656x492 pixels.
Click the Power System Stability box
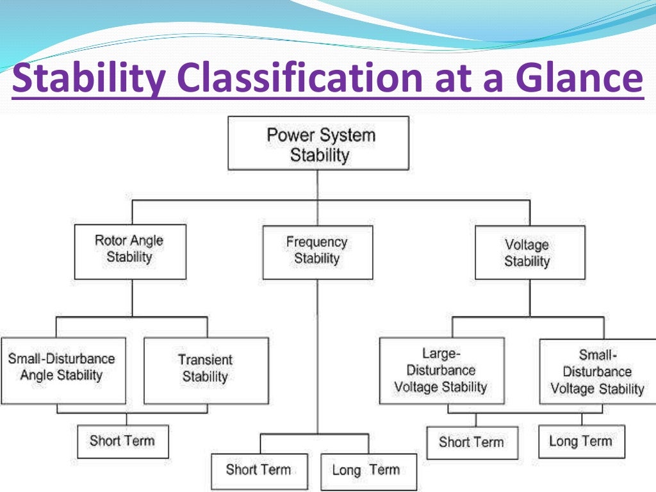tap(318, 143)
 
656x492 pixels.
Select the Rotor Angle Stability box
tap(130, 251)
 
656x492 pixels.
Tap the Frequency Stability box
tap(317, 252)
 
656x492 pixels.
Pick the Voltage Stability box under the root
tap(529, 252)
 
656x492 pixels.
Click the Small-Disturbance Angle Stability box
tap(63, 370)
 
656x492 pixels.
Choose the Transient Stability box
tap(206, 370)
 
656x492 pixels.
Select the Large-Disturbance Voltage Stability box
tap(441, 370)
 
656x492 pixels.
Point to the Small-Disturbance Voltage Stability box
tap(597, 372)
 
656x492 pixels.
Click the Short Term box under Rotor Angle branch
tap(123, 441)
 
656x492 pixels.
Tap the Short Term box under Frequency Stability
tap(259, 471)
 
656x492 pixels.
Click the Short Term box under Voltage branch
tap(472, 442)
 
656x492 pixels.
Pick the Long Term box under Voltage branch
tap(581, 441)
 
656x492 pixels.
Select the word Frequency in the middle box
tap(316, 243)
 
